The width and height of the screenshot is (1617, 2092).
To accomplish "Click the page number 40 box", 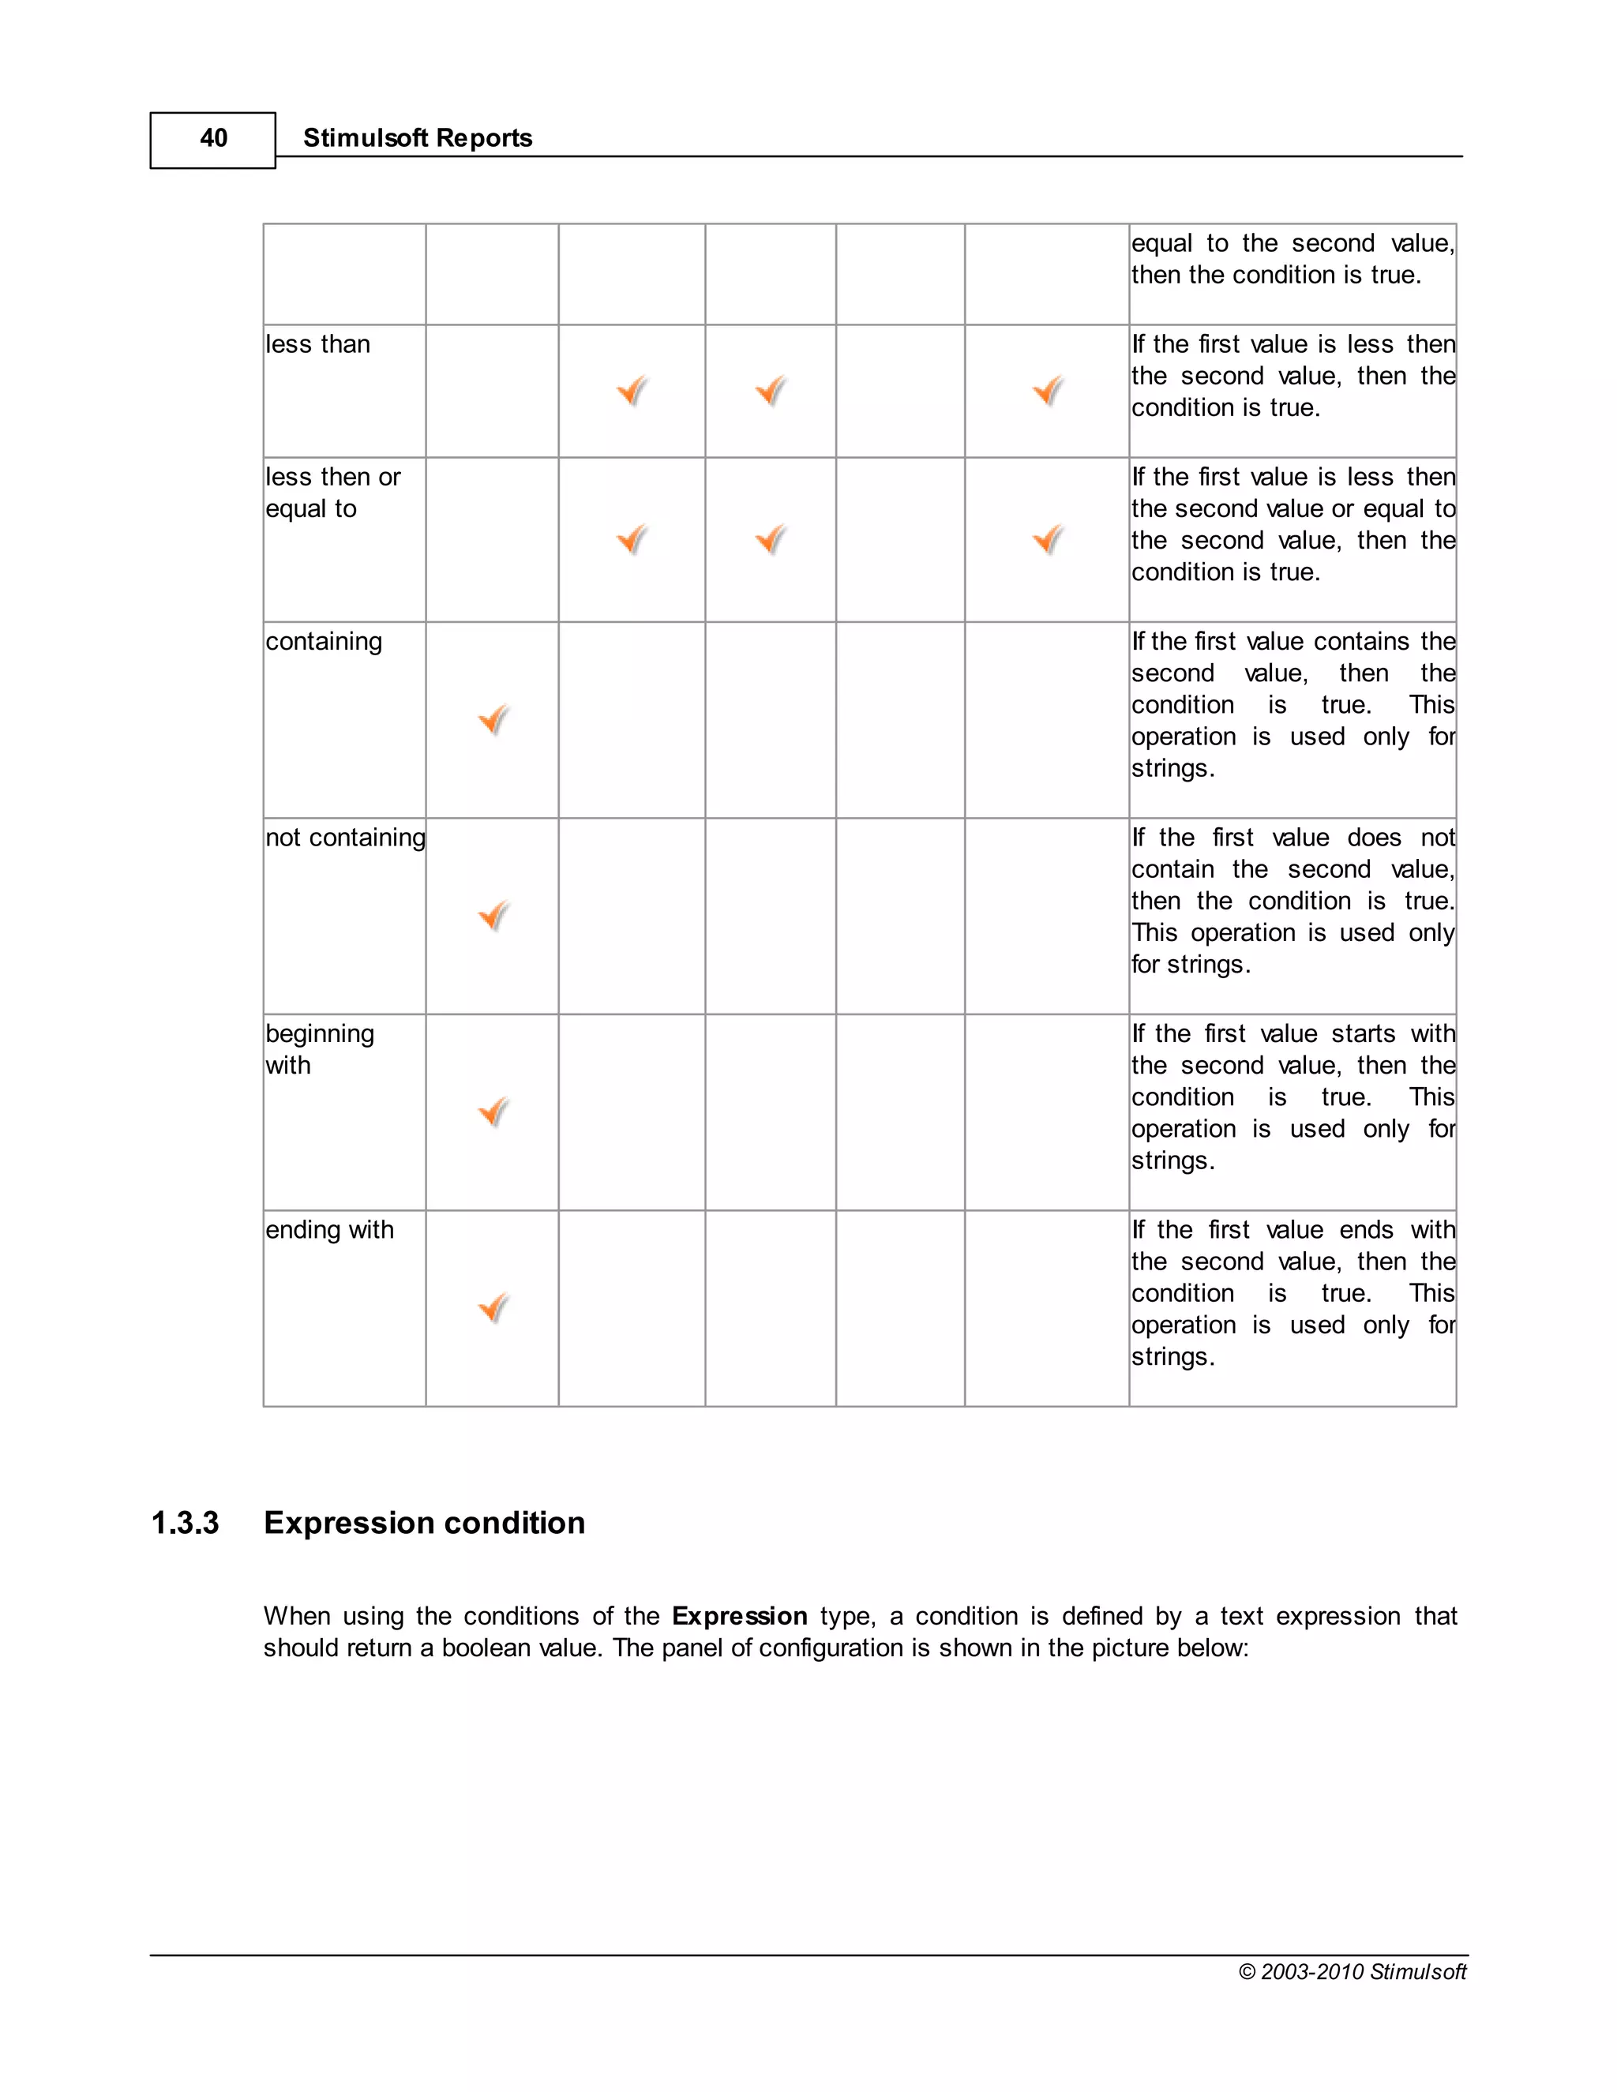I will tap(212, 140).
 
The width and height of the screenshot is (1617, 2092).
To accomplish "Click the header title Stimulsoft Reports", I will tap(417, 138).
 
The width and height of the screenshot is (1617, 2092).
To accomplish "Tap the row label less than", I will tap(317, 344).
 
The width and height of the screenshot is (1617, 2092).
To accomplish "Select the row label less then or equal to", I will tap(332, 493).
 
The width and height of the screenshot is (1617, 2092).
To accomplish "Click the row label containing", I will tap(323, 641).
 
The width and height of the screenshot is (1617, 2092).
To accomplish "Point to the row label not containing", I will tap(345, 837).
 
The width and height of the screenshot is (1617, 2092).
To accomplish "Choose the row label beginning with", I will tap(319, 1049).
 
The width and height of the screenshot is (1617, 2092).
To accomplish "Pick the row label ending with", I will tap(328, 1229).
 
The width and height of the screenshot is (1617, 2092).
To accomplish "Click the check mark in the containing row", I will tap(493, 719).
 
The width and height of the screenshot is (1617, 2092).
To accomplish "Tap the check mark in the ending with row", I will tap(493, 1307).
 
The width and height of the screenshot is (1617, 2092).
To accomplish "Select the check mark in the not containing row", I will tap(493, 916).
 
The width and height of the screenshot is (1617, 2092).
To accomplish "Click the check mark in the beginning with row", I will tap(493, 1112).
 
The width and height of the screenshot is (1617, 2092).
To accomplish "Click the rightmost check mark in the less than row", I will tap(1047, 390).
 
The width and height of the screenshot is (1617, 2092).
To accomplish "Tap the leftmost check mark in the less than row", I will tap(632, 390).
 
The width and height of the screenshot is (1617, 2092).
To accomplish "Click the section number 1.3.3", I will tap(185, 1523).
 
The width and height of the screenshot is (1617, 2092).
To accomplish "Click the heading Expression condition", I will tap(423, 1523).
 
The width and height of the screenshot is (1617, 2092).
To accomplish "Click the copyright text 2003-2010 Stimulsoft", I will tap(1352, 1971).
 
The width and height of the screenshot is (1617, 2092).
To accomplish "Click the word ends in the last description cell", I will tap(1365, 1229).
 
